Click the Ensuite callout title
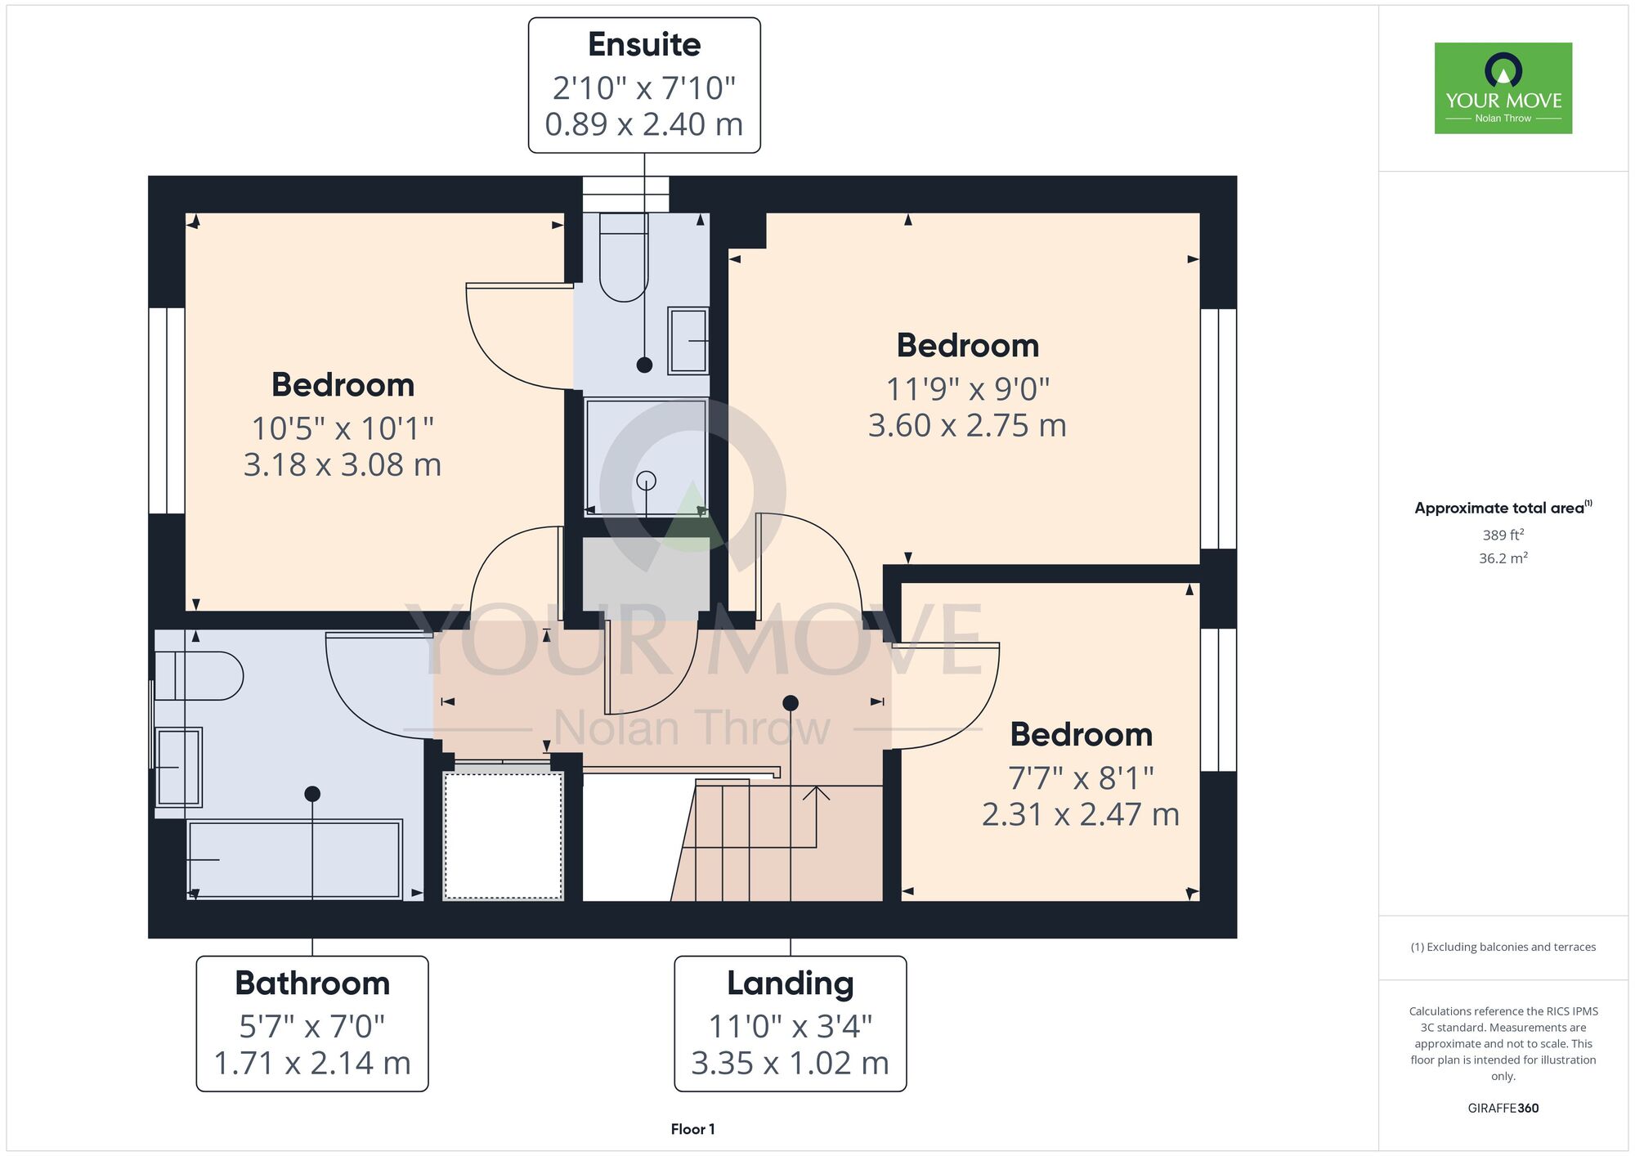click(644, 44)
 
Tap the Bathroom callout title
click(312, 983)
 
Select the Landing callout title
click(791, 983)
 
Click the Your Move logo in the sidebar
click(1503, 88)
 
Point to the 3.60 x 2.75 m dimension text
click(967, 425)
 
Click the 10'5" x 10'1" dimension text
click(343, 428)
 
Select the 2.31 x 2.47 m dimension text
click(1081, 814)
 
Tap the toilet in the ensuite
click(624, 257)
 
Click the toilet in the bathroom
click(199, 675)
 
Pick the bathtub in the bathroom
click(294, 859)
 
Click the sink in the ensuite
click(688, 341)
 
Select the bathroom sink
click(178, 767)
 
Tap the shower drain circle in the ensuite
click(646, 481)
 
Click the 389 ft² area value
click(1503, 535)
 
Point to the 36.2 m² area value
click(1503, 558)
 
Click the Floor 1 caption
click(692, 1129)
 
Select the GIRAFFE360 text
click(1503, 1109)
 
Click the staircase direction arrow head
click(816, 792)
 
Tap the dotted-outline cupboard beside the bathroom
click(504, 836)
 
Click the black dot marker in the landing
click(791, 703)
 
